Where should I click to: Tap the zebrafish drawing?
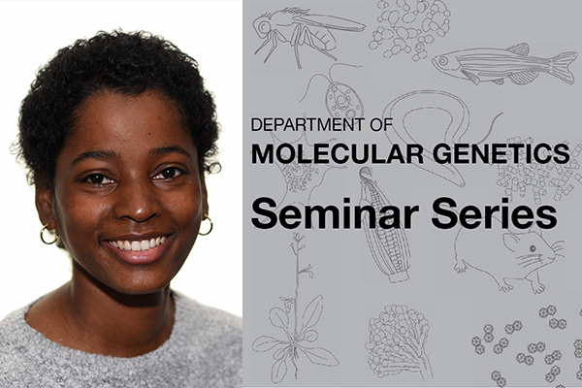pyautogui.click(x=504, y=64)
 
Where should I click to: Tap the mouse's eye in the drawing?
pyautogui.click(x=533, y=248)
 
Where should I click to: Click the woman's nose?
pyautogui.click(x=138, y=205)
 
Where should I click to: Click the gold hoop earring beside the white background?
pyautogui.click(x=206, y=226)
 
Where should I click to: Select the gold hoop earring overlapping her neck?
pyautogui.click(x=48, y=235)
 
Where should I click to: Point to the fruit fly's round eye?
pyautogui.click(x=264, y=26)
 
